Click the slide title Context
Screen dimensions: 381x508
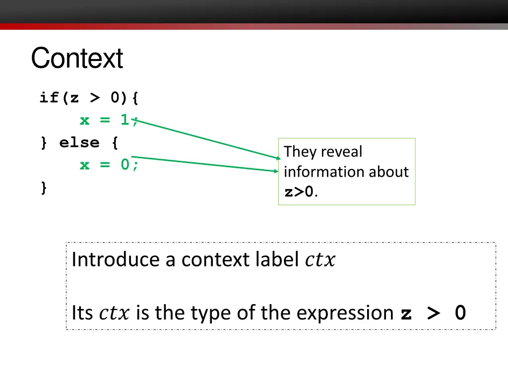point(77,59)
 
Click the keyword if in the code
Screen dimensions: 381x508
point(49,98)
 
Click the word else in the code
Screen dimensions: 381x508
point(79,143)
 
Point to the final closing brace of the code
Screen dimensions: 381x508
point(44,188)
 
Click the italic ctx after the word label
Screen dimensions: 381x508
point(320,260)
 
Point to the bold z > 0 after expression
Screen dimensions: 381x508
point(433,314)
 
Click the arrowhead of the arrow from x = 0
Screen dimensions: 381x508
point(276,172)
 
